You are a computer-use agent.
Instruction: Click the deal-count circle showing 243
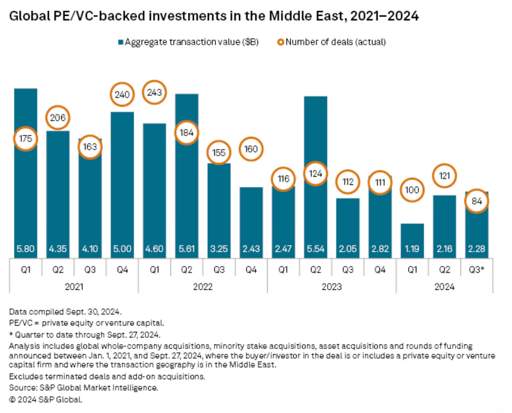(154, 92)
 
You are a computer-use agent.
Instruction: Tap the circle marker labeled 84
(476, 201)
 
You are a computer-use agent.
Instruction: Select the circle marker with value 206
(58, 118)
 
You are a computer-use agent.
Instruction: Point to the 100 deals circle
(412, 190)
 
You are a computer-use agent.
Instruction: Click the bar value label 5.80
(25, 249)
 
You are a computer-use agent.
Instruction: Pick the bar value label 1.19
(412, 249)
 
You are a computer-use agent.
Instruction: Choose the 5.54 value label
(315, 249)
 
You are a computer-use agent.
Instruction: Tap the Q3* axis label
(476, 270)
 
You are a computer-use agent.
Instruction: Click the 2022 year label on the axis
(202, 287)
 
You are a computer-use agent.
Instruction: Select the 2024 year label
(444, 287)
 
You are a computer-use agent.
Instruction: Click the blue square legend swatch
(120, 42)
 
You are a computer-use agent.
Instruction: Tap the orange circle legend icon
(280, 42)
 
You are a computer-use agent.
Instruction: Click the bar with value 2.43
(251, 216)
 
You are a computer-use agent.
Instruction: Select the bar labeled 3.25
(219, 204)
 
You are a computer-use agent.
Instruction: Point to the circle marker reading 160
(251, 149)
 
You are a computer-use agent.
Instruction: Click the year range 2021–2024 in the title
(384, 16)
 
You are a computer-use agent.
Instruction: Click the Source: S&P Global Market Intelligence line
(83, 388)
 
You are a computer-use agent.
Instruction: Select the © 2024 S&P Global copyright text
(45, 399)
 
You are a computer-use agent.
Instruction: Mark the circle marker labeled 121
(444, 176)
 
